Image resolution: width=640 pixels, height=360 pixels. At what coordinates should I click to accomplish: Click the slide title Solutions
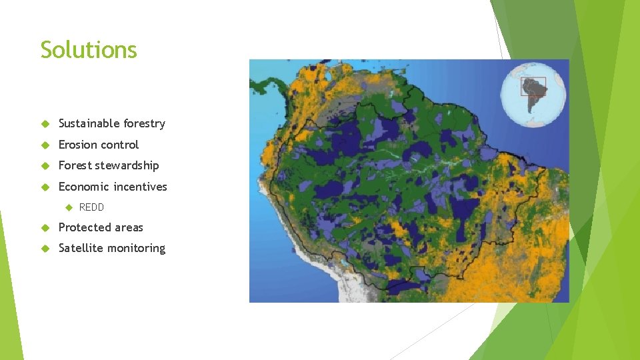pyautogui.click(x=89, y=50)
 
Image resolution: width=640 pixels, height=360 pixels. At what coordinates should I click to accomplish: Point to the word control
pyautogui.click(x=121, y=145)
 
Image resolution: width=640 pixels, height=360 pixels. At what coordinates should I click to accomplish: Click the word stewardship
pyautogui.click(x=127, y=165)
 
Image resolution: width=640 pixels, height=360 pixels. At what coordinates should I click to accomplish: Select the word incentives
pyautogui.click(x=140, y=187)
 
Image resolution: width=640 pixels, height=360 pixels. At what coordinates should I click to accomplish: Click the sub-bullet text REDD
pyautogui.click(x=91, y=207)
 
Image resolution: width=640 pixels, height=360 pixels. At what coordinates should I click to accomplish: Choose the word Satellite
pyautogui.click(x=81, y=248)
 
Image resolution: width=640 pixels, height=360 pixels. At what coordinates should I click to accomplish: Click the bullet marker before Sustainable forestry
pyautogui.click(x=45, y=124)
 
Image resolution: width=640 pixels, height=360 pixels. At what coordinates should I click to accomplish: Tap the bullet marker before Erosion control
pyautogui.click(x=45, y=145)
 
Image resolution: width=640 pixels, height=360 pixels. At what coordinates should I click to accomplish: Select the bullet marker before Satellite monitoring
pyautogui.click(x=45, y=249)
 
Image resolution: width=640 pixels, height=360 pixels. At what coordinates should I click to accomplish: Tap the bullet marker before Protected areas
pyautogui.click(x=45, y=228)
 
